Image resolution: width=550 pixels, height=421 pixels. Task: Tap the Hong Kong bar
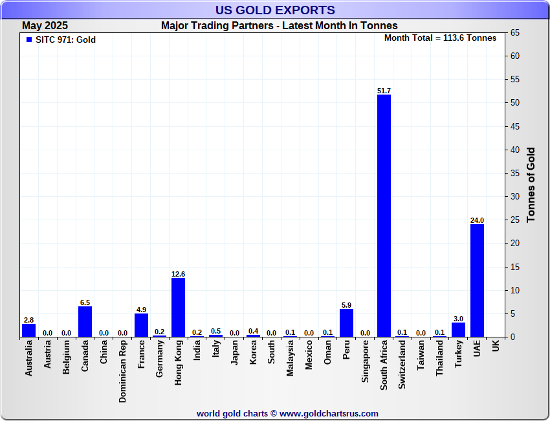click(x=178, y=307)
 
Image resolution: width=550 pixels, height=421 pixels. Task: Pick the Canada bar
click(x=85, y=321)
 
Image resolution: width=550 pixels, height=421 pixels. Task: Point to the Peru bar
click(x=346, y=323)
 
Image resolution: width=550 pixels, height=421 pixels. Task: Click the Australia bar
click(x=28, y=330)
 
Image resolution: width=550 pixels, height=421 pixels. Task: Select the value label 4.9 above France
click(x=141, y=309)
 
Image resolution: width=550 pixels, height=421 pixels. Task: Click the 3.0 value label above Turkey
click(x=458, y=318)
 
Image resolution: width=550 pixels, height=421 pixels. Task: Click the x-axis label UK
click(x=496, y=346)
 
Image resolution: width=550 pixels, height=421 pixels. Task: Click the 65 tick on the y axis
click(x=516, y=33)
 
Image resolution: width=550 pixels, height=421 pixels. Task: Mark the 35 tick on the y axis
click(x=516, y=173)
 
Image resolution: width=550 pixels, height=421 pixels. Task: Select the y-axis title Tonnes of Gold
click(x=531, y=185)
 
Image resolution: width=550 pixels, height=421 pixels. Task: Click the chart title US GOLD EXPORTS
click(x=275, y=10)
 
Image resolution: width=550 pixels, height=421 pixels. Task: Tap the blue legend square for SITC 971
click(x=29, y=40)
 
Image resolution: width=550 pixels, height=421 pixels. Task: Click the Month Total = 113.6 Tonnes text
click(x=440, y=38)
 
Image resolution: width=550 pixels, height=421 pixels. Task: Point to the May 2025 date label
click(x=45, y=26)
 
